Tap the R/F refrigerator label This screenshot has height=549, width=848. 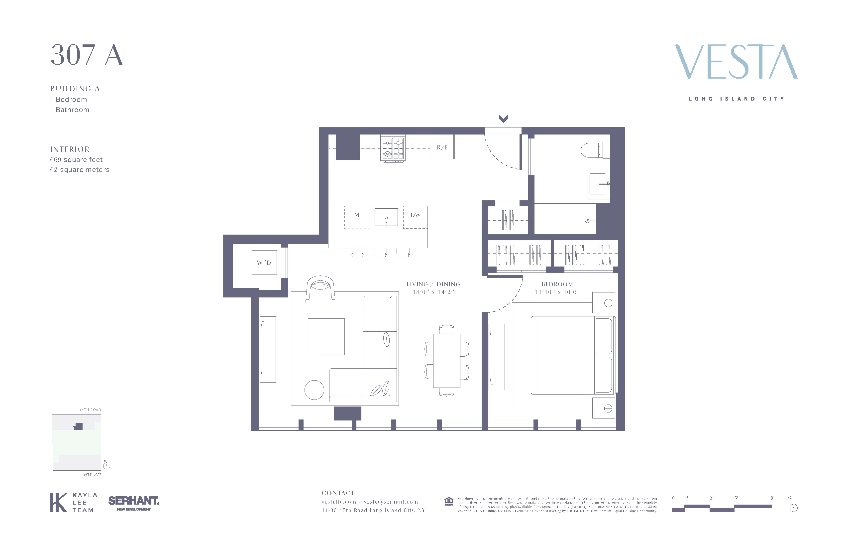(x=442, y=147)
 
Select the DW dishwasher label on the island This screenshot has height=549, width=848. (x=416, y=215)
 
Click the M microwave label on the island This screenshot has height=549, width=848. (x=357, y=215)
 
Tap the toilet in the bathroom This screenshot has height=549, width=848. (x=592, y=150)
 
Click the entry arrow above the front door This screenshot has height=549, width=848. (x=503, y=118)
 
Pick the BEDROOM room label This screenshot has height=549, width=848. (x=557, y=284)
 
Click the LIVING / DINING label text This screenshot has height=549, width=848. (x=433, y=284)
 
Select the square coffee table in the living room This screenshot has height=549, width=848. (x=326, y=337)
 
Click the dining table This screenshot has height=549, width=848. (x=446, y=360)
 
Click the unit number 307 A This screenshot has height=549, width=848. (x=87, y=55)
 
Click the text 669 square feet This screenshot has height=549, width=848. (x=76, y=160)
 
